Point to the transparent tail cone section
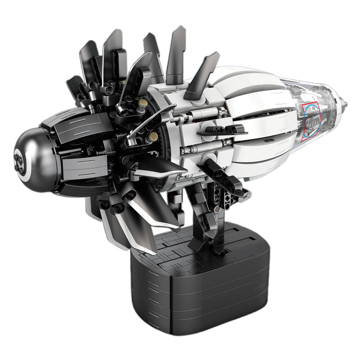click(322, 110)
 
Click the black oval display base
click(198, 288)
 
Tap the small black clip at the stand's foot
click(219, 252)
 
